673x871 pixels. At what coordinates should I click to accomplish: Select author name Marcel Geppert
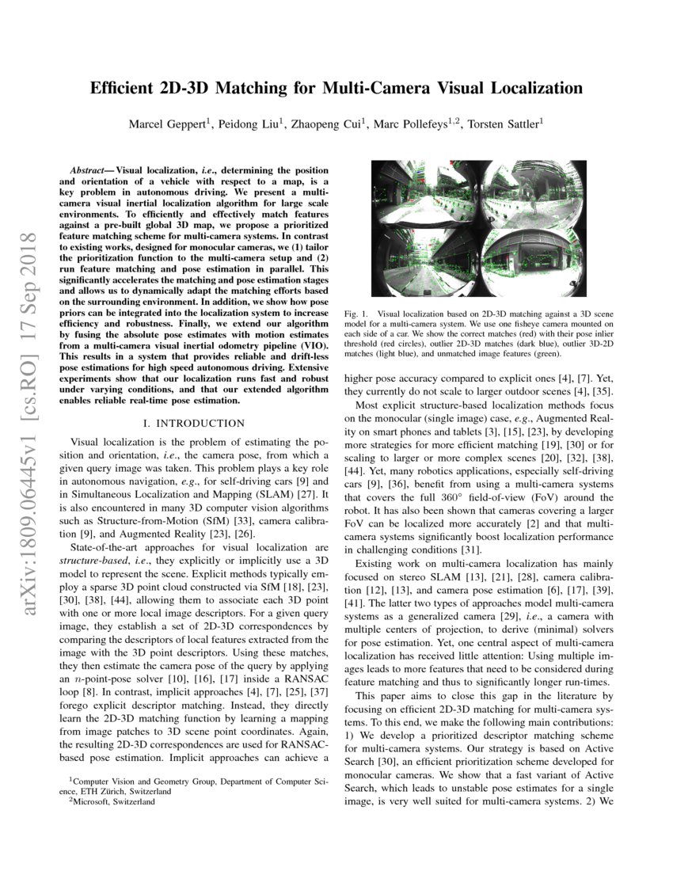click(166, 124)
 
